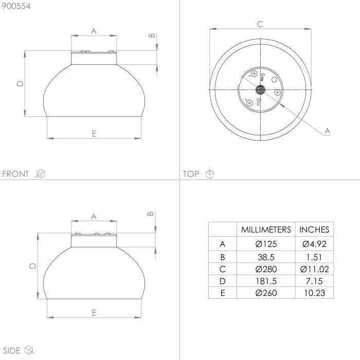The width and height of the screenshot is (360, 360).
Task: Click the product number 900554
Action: (16, 6)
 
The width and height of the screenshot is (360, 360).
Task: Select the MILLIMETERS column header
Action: (266, 229)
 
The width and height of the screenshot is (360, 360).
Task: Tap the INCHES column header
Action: (314, 229)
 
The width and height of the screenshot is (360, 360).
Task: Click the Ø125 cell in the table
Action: (266, 244)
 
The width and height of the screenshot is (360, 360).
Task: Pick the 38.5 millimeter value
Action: (266, 257)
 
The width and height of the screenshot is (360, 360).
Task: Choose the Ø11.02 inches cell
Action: (314, 269)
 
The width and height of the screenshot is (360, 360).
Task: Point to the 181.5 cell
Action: (266, 281)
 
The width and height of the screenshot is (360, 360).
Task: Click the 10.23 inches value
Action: (315, 293)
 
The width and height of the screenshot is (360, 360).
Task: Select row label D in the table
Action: (222, 281)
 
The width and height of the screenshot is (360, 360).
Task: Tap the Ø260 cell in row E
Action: (266, 293)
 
